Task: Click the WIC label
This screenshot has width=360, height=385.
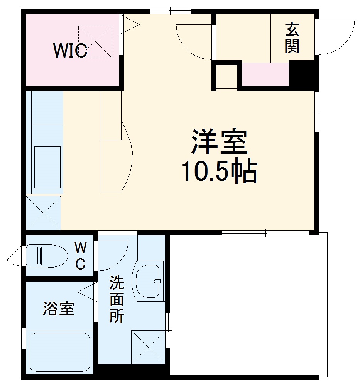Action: (x=70, y=51)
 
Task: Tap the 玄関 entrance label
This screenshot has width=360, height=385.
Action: (x=292, y=38)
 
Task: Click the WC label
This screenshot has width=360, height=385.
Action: (x=80, y=255)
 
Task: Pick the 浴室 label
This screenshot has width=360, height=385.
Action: (x=58, y=309)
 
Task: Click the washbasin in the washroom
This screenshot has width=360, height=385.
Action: (x=149, y=281)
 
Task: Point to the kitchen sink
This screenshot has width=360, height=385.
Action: (x=47, y=167)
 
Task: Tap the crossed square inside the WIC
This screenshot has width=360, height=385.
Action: (x=95, y=41)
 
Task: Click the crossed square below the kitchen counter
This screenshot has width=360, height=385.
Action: (x=43, y=213)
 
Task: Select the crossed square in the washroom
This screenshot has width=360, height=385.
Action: (x=148, y=346)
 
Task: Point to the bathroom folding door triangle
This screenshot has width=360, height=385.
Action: (x=87, y=292)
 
